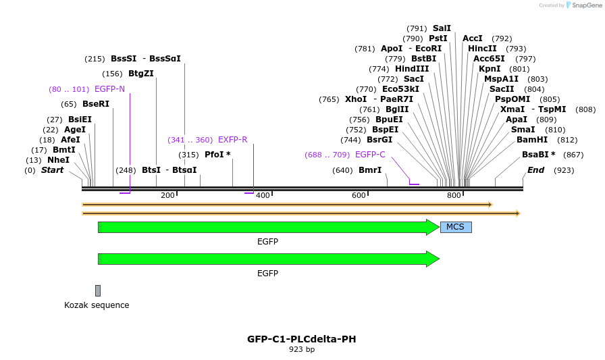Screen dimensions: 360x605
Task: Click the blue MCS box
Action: click(456, 227)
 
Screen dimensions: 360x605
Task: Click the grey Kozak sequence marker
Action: click(98, 290)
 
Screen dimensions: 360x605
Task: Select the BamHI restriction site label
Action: click(532, 140)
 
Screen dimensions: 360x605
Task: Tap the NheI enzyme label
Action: click(58, 160)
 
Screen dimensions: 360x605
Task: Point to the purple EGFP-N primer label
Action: click(109, 89)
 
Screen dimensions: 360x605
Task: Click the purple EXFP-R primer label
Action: click(232, 140)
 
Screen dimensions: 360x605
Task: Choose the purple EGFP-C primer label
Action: click(370, 155)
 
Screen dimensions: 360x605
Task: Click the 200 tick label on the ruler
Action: click(167, 195)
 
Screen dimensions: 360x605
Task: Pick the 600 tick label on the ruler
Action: click(359, 195)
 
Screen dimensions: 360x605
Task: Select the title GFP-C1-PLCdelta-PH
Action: click(302, 339)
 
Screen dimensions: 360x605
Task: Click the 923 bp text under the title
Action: click(302, 350)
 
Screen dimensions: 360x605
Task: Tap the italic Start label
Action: click(52, 170)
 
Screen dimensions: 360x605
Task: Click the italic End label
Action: click(535, 170)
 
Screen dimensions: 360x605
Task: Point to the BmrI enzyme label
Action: click(370, 170)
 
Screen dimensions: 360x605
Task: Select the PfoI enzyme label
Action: click(217, 155)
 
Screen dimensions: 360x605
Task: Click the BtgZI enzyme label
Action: click(141, 74)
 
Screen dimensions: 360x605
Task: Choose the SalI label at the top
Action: click(442, 28)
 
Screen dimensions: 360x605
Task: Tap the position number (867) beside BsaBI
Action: click(573, 155)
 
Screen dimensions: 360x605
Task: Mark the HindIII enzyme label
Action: click(412, 69)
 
